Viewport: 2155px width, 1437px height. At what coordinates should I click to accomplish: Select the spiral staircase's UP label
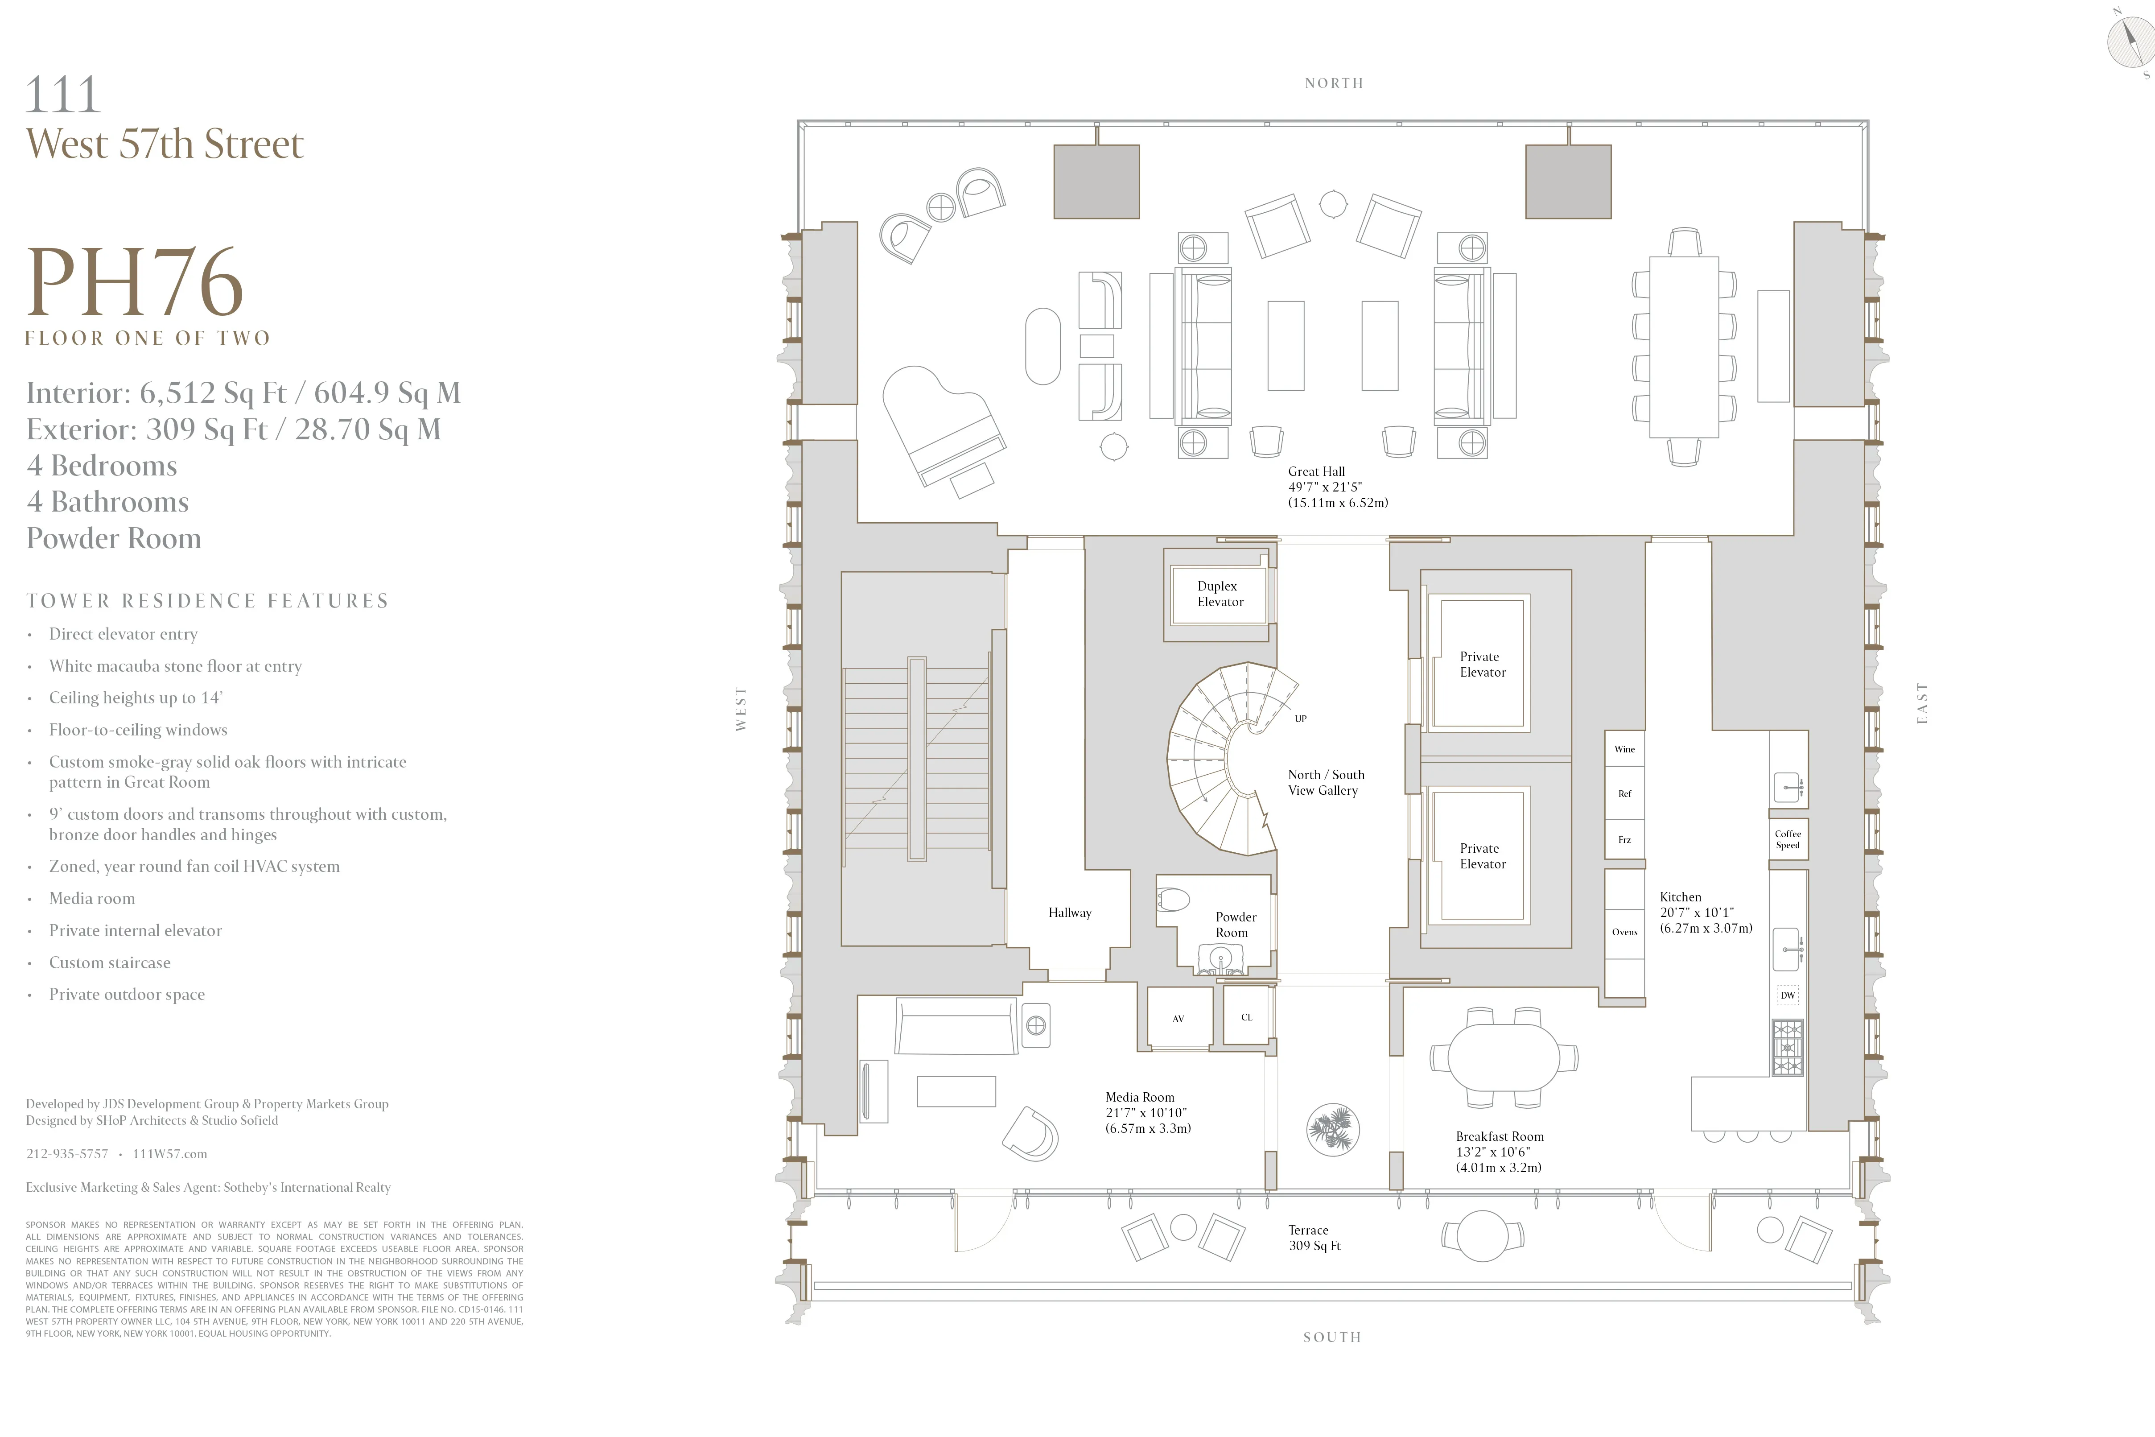coord(1300,718)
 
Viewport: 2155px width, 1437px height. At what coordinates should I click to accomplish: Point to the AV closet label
coord(1178,1018)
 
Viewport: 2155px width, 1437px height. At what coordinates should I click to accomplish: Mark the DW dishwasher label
coord(1788,995)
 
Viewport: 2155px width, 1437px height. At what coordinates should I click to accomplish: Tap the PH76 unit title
coord(136,282)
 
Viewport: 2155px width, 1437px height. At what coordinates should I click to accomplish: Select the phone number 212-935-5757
coord(67,1154)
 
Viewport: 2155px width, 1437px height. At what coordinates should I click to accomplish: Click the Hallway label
coord(1069,913)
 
